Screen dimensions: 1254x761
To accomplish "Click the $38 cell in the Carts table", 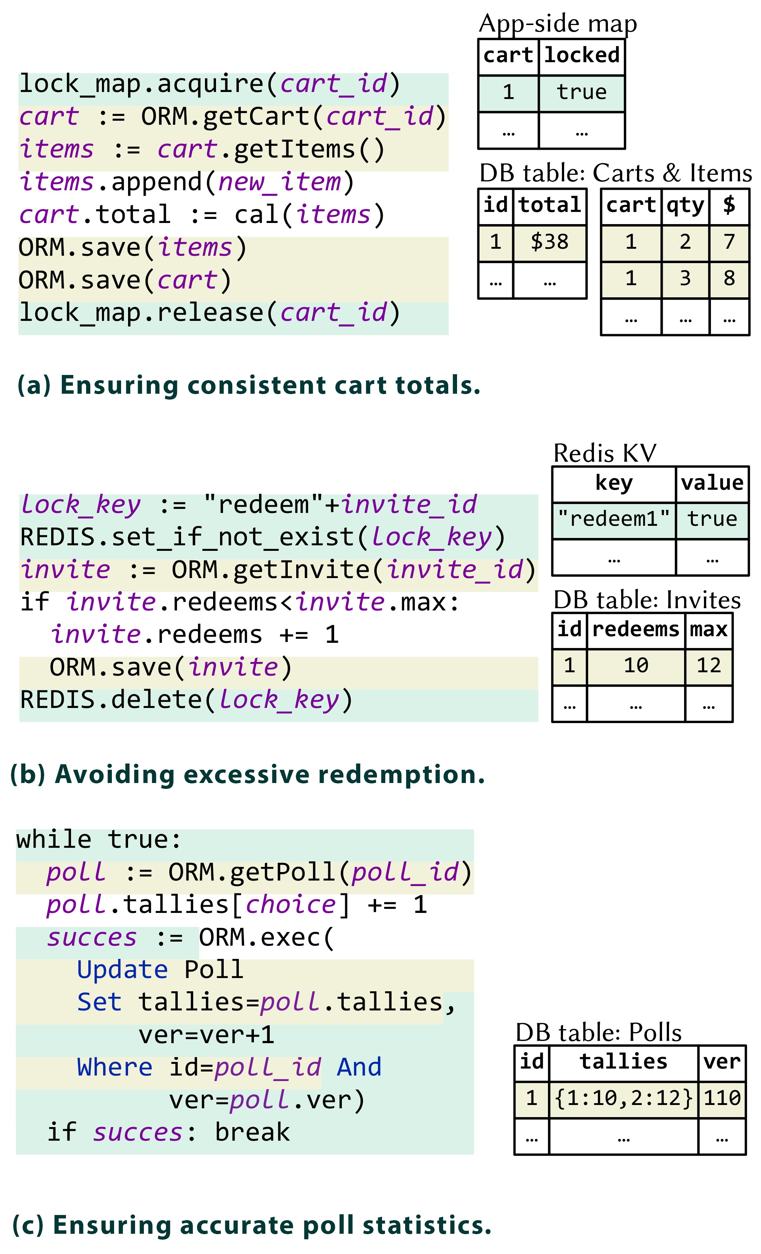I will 549,242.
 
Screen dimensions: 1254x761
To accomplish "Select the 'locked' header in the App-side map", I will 582,55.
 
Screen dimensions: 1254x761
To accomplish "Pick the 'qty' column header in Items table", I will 685,205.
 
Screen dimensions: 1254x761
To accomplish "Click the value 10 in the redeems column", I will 636,665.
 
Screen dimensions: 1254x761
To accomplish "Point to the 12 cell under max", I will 709,665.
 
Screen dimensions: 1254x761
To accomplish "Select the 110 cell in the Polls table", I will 722,1098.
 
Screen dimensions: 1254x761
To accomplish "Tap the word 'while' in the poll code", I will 53,840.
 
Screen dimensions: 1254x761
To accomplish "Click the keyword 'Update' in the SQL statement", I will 122,970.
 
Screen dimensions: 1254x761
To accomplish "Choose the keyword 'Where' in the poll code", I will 114,1067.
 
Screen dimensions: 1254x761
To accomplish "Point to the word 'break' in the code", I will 252,1132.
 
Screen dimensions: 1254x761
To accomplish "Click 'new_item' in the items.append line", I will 279,182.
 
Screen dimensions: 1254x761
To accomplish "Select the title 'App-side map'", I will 558,24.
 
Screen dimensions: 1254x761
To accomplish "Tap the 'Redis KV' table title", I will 605,453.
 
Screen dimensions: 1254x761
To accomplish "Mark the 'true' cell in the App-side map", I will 581,92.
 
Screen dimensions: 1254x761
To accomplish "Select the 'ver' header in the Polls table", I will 722,1062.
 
